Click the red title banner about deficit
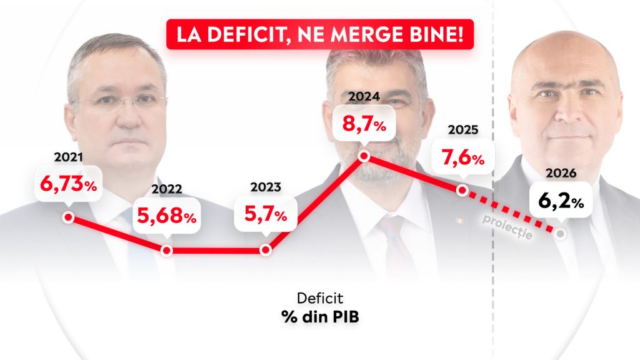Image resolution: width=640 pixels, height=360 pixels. click(320, 34)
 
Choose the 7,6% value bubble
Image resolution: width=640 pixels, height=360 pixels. click(462, 159)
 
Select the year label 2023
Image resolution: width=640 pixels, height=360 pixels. click(265, 187)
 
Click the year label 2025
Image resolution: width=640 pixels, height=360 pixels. click(462, 130)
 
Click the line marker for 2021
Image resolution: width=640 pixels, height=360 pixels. click(68, 217)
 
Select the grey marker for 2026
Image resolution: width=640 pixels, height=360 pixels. click(561, 233)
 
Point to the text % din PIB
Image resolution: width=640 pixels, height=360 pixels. click(320, 317)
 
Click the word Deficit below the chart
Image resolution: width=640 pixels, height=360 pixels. click(320, 299)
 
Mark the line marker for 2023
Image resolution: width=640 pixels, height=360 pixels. click(265, 250)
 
